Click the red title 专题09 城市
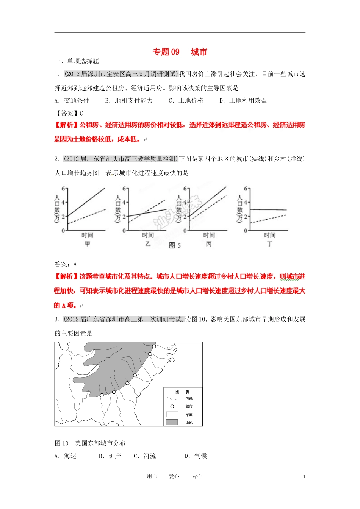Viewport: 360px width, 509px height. pos(180,52)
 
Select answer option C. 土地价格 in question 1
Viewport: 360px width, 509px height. pos(186,100)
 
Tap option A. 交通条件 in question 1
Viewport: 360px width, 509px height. pos(72,100)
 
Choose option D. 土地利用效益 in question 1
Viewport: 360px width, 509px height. pos(243,100)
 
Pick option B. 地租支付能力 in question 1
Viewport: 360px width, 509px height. pos(129,100)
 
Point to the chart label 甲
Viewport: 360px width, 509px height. pos(87,244)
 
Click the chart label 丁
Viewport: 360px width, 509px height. pos(269,244)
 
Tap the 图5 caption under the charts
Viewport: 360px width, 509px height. pos(175,245)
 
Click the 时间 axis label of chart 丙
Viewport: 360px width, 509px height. pos(209,235)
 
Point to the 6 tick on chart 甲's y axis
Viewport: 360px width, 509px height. pos(64,188)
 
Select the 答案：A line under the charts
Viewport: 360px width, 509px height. pos(66,264)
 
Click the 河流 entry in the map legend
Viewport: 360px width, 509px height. pos(189,398)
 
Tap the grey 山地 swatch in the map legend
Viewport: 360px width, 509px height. pos(172,422)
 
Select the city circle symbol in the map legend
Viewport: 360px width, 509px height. pos(172,406)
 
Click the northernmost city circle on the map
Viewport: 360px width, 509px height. pos(154,346)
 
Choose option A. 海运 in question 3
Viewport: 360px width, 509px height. pos(66,456)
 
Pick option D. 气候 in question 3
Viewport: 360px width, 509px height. pos(196,456)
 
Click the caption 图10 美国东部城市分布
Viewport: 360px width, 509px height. pos(90,443)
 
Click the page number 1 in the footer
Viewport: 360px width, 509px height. pos(304,476)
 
